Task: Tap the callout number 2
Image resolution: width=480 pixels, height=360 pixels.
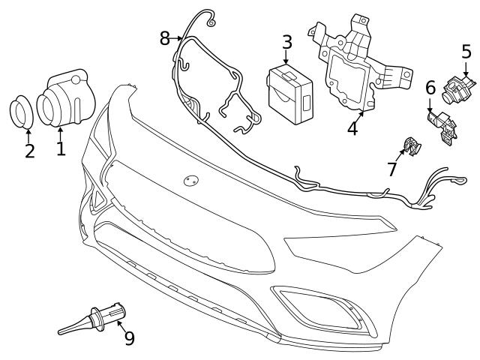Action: click(28, 151)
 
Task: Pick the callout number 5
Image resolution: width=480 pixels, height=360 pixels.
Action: click(466, 52)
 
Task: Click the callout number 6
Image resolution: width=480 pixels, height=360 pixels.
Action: click(430, 88)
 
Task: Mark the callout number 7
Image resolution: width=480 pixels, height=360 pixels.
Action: click(392, 169)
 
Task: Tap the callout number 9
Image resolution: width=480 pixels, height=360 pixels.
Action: click(129, 338)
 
